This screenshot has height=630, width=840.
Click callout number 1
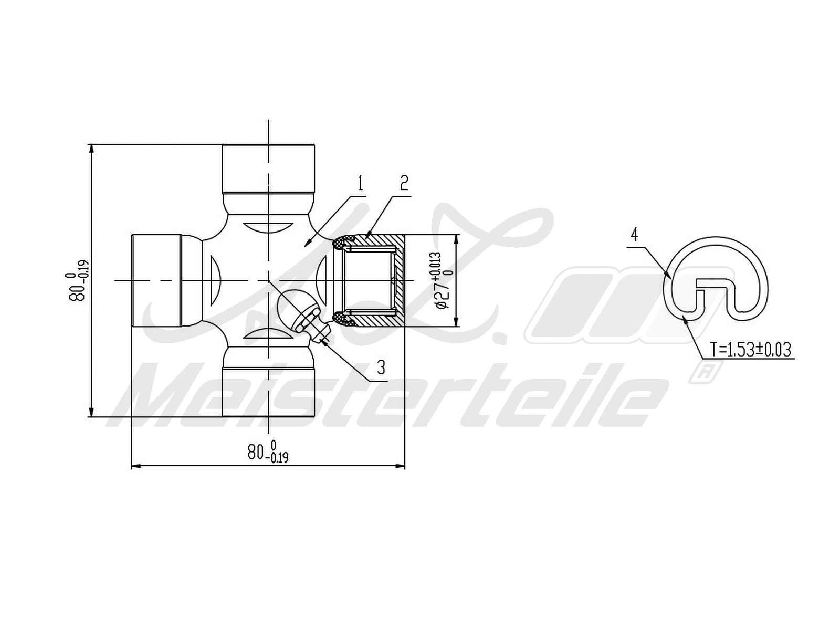coord(360,183)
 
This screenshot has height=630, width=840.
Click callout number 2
coord(403,183)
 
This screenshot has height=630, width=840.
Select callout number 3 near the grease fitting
coord(381,367)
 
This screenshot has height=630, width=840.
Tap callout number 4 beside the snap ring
coord(634,234)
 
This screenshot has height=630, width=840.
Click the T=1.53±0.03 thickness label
coord(750,350)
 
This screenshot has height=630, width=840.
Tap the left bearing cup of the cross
coord(156,280)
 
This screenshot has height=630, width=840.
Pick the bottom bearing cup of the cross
coord(268,392)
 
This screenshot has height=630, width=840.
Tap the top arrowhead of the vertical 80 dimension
coord(92,148)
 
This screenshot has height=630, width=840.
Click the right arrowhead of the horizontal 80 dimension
coord(401,466)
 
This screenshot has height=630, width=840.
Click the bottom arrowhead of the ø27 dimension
coord(456,322)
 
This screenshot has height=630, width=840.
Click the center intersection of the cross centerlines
coord(268,280)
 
